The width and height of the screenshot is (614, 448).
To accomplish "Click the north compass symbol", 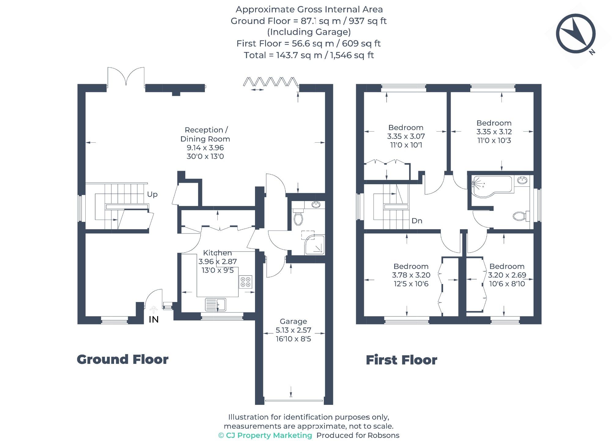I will pyautogui.click(x=575, y=33).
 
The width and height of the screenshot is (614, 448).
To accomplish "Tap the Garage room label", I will pyautogui.click(x=293, y=321).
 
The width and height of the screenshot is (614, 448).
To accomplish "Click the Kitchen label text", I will pyautogui.click(x=217, y=253).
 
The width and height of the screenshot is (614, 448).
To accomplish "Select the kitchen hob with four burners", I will pyautogui.click(x=245, y=282).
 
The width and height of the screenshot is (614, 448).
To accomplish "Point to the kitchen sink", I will pyautogui.click(x=216, y=304).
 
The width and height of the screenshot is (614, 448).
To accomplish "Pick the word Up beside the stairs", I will pyautogui.click(x=152, y=194).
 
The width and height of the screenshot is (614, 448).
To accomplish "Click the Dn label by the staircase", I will pyautogui.click(x=417, y=221).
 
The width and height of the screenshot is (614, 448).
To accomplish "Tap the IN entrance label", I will pyautogui.click(x=153, y=319).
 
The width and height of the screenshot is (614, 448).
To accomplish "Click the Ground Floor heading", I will pyautogui.click(x=122, y=359).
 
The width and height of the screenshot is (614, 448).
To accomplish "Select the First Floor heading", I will pyautogui.click(x=401, y=360).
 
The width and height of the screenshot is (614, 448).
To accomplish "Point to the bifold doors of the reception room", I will pyautogui.click(x=271, y=82).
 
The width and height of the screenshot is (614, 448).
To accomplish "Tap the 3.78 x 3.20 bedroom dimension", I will pyautogui.click(x=411, y=275).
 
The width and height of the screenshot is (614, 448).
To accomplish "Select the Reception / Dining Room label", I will pyautogui.click(x=205, y=134).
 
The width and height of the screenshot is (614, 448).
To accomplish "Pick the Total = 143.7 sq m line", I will pyautogui.click(x=309, y=55).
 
